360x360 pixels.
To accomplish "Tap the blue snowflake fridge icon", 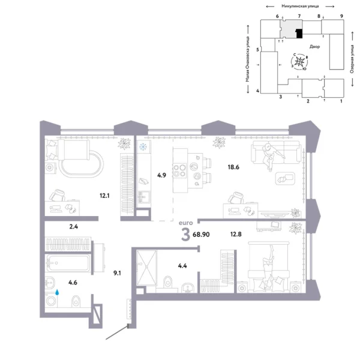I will pyautogui.click(x=144, y=148).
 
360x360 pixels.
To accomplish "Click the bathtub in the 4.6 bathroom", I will pyautogui.click(x=68, y=264).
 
